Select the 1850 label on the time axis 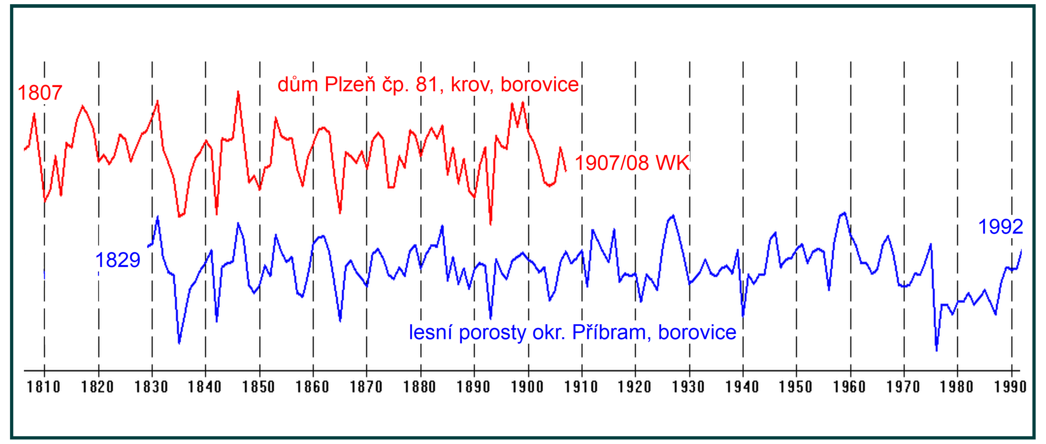(x=259, y=387)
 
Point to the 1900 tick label (x=528, y=387)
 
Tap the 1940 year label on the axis (x=742, y=387)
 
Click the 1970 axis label (x=903, y=387)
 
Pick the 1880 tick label (x=420, y=387)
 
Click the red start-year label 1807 (x=40, y=93)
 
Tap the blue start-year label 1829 (x=118, y=260)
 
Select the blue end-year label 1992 (x=1000, y=227)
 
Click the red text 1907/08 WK (x=632, y=163)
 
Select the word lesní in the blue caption (x=431, y=332)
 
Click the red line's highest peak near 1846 (x=238, y=92)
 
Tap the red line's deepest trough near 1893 (x=490, y=224)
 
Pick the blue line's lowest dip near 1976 (x=936, y=351)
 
